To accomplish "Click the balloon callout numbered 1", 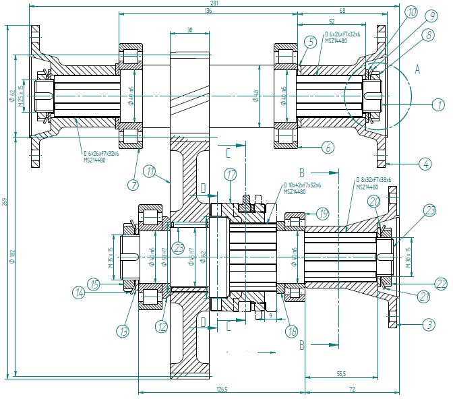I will [438, 104].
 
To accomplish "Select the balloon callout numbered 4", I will [425, 163].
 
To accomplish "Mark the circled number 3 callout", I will [429, 324].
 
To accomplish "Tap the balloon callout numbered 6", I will [328, 146].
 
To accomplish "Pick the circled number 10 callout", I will [411, 11].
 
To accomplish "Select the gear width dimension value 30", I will [189, 30].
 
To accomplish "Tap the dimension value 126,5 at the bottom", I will [222, 389].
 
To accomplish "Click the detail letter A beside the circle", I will [417, 69].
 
